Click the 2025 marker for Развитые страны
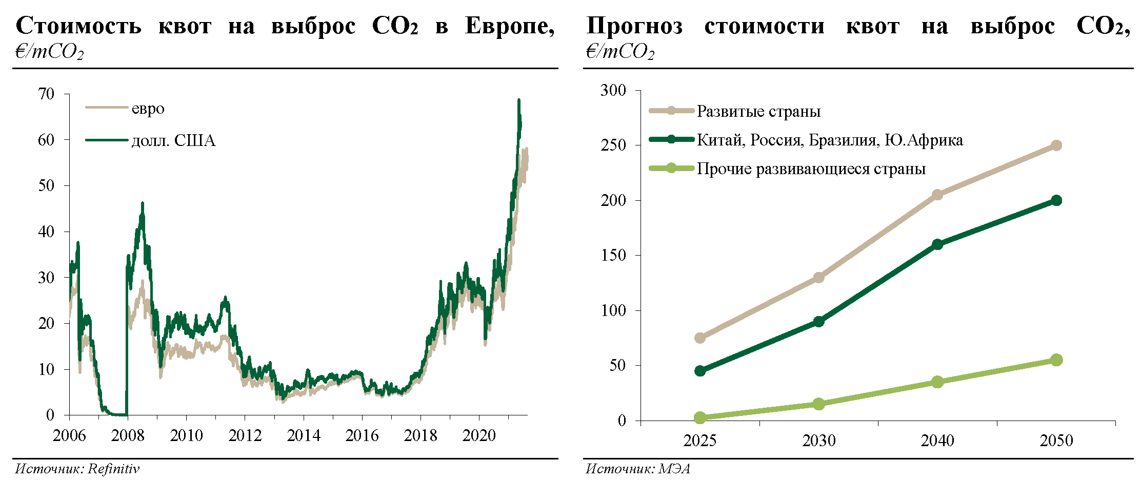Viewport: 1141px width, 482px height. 700,338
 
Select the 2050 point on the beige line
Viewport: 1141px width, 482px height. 1056,145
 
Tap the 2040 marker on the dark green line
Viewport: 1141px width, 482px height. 937,244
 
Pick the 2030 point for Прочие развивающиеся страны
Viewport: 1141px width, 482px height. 818,404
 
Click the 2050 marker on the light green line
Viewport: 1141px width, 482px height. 1056,360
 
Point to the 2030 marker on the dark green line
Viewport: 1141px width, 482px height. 818,322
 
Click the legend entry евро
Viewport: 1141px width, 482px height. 148,109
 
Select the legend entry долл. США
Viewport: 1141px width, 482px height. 173,140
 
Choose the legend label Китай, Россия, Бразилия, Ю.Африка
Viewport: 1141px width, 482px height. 829,140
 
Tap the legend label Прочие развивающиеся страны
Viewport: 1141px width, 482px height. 811,169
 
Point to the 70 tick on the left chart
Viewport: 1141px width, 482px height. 46,94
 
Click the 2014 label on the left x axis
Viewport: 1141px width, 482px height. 304,435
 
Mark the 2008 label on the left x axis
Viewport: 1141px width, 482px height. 128,435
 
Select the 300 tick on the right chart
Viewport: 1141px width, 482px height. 613,90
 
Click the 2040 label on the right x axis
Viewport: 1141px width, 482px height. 937,441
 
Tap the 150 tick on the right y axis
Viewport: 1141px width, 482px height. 613,255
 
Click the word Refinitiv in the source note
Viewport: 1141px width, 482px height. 113,469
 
